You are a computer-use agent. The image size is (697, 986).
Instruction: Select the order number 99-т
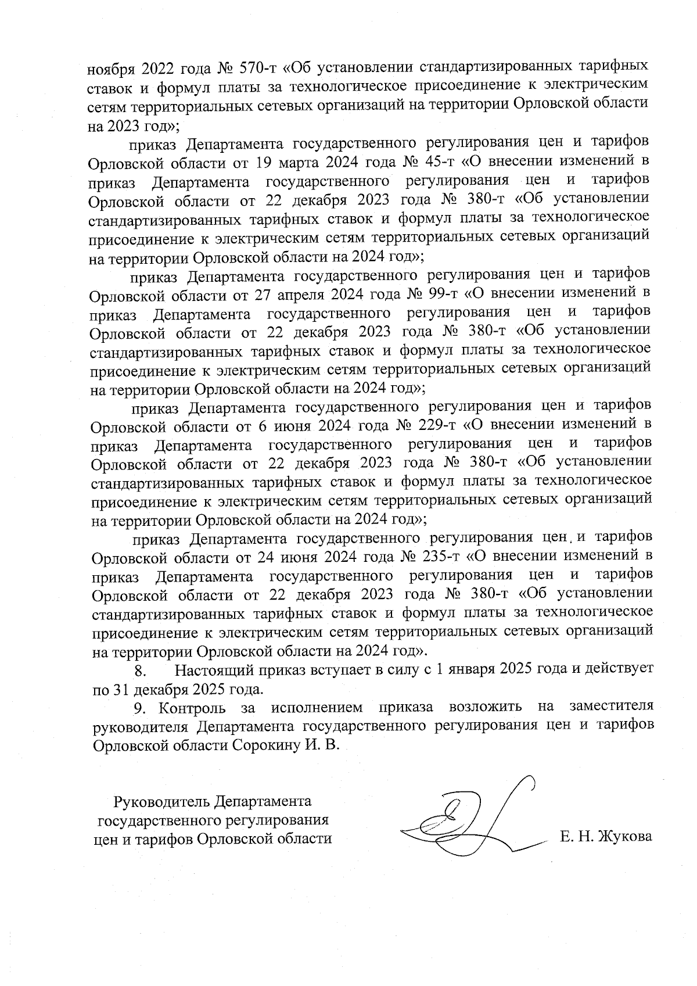click(439, 293)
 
